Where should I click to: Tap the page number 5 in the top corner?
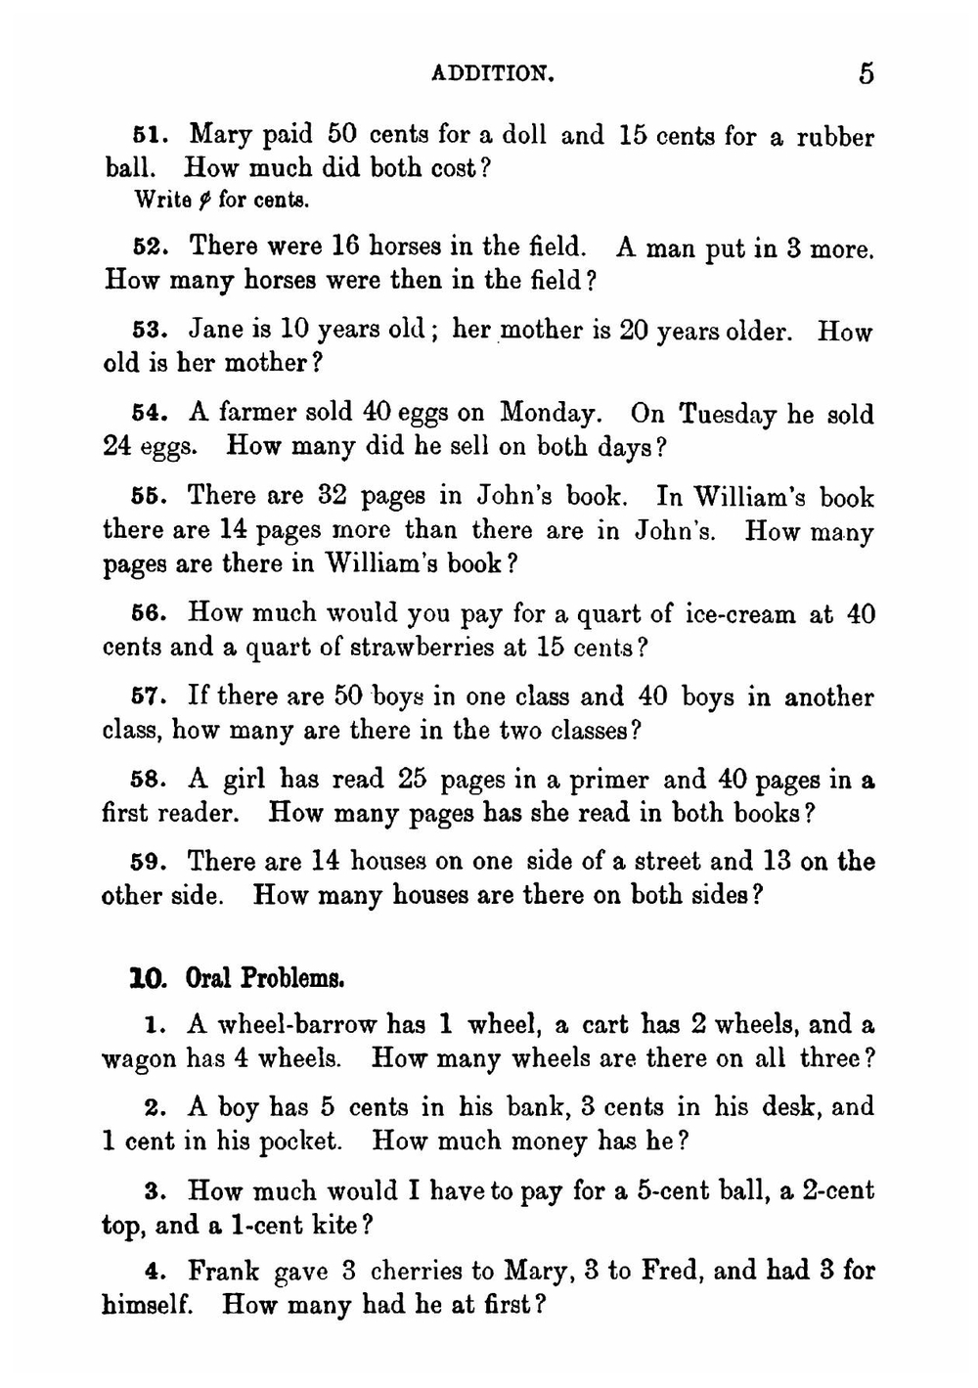pos(866,72)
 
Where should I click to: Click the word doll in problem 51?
pos(523,134)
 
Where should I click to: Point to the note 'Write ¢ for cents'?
pos(221,200)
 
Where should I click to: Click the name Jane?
pos(217,329)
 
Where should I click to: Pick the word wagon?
pos(139,1059)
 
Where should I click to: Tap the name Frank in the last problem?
pos(223,1271)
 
